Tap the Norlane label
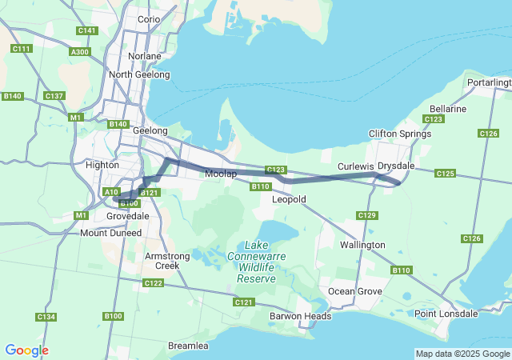144,57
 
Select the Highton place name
102,165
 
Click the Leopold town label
289,199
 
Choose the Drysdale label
395,166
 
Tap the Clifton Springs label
399,134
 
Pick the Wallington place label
362,245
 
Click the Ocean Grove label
355,291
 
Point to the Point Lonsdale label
446,314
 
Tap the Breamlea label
188,346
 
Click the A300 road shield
80,51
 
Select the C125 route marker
446,174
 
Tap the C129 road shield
367,215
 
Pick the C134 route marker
46,318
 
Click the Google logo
26,350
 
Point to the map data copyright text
462,354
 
